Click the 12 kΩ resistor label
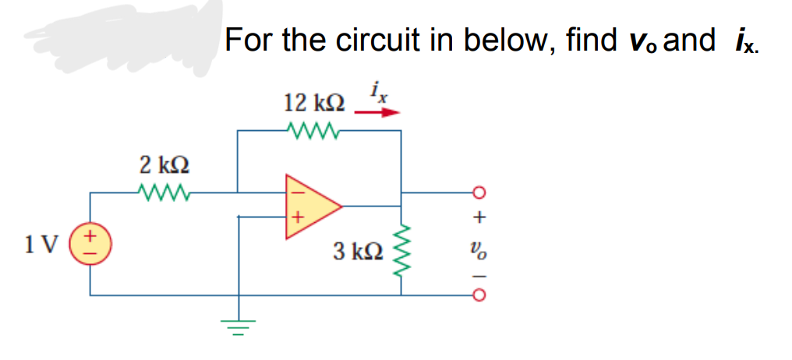tap(314, 103)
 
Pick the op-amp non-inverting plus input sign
tap(297, 219)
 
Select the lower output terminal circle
tap(479, 296)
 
